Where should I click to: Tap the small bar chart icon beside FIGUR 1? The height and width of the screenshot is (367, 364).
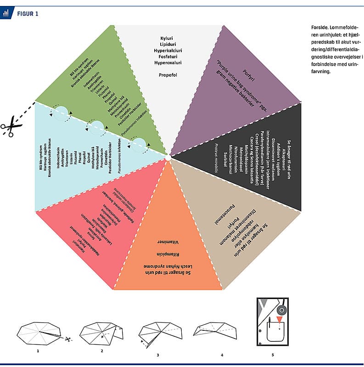click(x=6, y=13)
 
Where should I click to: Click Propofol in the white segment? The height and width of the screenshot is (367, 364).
click(x=166, y=75)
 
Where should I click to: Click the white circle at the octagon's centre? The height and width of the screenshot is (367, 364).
click(x=168, y=158)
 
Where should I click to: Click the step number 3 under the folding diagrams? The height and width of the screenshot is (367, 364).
click(x=157, y=355)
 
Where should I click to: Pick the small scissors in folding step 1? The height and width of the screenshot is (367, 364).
click(x=67, y=340)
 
